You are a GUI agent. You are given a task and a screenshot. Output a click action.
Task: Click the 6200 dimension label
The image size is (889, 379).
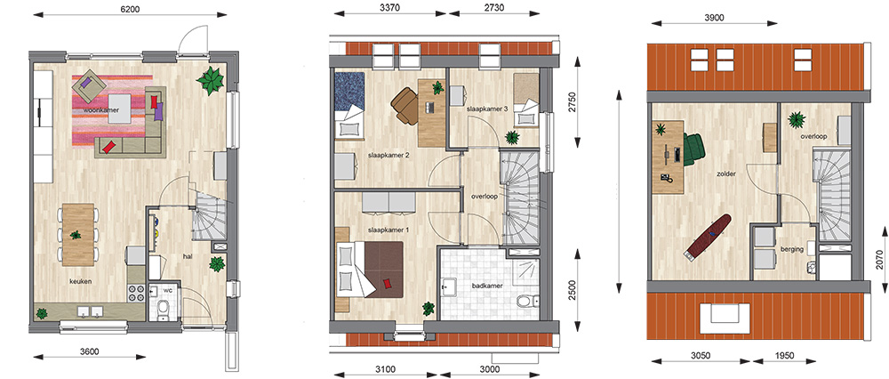tap(129, 10)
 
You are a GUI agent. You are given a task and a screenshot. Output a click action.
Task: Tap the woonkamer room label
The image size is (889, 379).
tap(101, 110)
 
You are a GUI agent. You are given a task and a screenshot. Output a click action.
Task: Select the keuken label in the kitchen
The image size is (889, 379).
tap(80, 281)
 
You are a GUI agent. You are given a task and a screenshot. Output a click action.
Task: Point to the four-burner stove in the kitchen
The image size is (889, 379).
tap(136, 293)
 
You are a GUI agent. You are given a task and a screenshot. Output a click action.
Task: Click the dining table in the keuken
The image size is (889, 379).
tap(77, 235)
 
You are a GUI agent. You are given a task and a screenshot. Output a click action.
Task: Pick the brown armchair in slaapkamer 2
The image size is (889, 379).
tap(404, 106)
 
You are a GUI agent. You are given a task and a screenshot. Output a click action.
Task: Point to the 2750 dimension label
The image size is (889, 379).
tap(573, 102)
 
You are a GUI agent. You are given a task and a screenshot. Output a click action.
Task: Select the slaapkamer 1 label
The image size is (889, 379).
tap(388, 230)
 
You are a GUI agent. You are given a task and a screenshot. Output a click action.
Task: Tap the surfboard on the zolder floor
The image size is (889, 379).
tap(707, 238)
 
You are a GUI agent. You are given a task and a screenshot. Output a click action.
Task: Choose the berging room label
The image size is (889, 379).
tap(791, 248)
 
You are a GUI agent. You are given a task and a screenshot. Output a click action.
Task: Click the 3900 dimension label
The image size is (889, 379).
tap(714, 18)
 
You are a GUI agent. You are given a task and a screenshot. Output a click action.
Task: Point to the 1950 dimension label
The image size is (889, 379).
tap(784, 356)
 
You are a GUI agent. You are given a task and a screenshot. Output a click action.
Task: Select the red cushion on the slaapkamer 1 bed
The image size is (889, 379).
tap(388, 283)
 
